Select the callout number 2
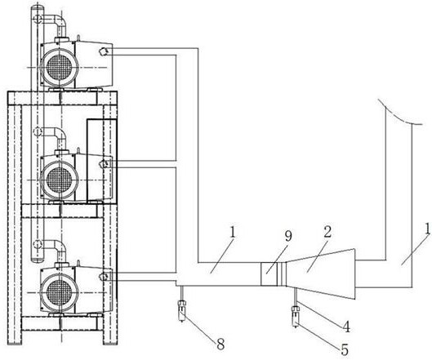(327, 233)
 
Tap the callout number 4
(345, 327)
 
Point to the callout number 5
(345, 350)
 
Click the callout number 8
(220, 344)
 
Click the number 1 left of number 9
(233, 233)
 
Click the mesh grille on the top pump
(59, 67)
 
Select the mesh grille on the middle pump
(59, 180)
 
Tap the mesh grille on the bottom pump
(59, 292)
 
